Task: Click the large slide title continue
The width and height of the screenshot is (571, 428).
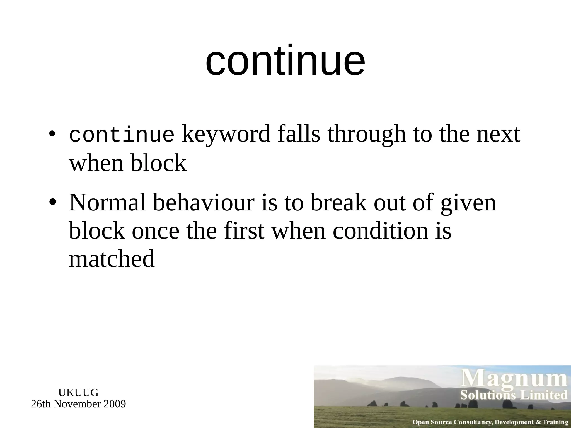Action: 285,60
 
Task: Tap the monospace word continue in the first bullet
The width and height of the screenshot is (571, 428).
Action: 122,135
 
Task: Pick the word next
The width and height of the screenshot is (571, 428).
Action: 498,134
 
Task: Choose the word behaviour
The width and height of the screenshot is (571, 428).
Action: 204,202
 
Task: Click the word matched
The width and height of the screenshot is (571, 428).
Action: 112,259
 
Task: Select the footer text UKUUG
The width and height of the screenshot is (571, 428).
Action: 78,393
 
